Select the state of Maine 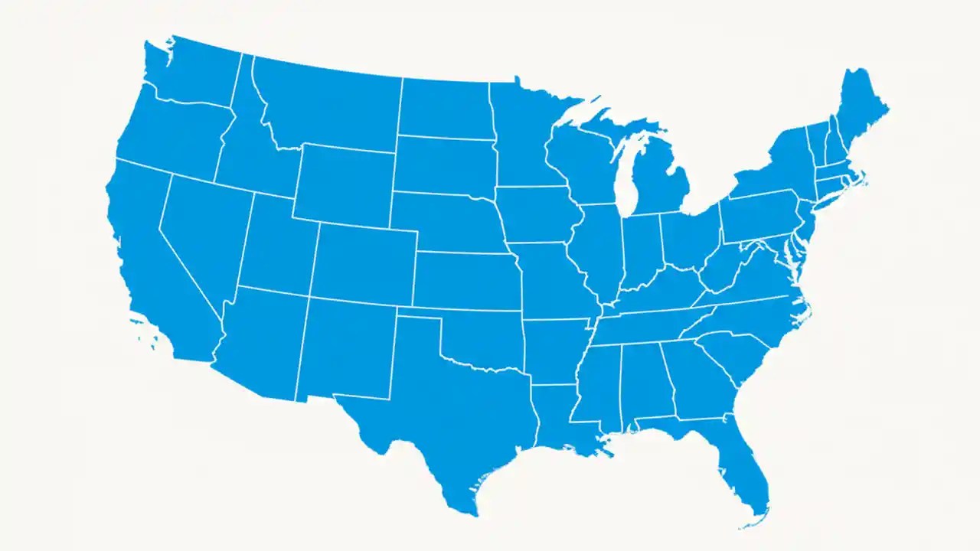click(861, 107)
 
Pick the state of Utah click(276, 245)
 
